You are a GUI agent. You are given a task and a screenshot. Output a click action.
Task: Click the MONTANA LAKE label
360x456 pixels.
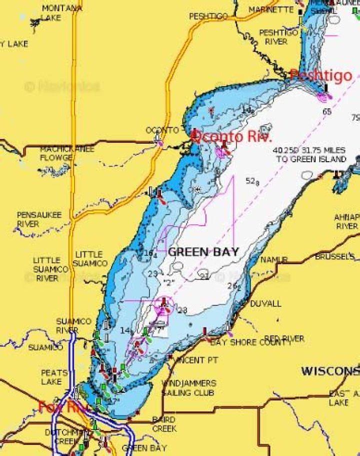pos(62,13)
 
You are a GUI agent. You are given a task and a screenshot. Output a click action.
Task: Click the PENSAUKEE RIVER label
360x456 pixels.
pos(39,219)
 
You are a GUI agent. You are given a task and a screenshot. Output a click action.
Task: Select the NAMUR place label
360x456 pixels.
pos(273,260)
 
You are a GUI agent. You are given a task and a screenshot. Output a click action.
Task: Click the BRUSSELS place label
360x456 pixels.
pos(334,257)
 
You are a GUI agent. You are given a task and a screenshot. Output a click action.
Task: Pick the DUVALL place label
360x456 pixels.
pos(265,304)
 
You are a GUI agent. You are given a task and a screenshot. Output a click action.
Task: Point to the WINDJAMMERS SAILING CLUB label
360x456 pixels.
pos(188,388)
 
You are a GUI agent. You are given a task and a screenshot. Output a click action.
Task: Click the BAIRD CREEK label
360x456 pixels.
pos(164,424)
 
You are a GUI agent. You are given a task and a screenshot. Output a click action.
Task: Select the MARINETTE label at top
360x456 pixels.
pos(270,10)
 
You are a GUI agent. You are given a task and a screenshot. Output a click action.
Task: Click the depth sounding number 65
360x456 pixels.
pos(326,112)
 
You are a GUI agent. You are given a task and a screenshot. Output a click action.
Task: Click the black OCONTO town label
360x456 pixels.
pos(162,130)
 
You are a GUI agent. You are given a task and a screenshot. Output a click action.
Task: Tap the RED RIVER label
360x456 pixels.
pos(284,339)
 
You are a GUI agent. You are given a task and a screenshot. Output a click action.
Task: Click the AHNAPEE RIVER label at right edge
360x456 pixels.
pos(346,222)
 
